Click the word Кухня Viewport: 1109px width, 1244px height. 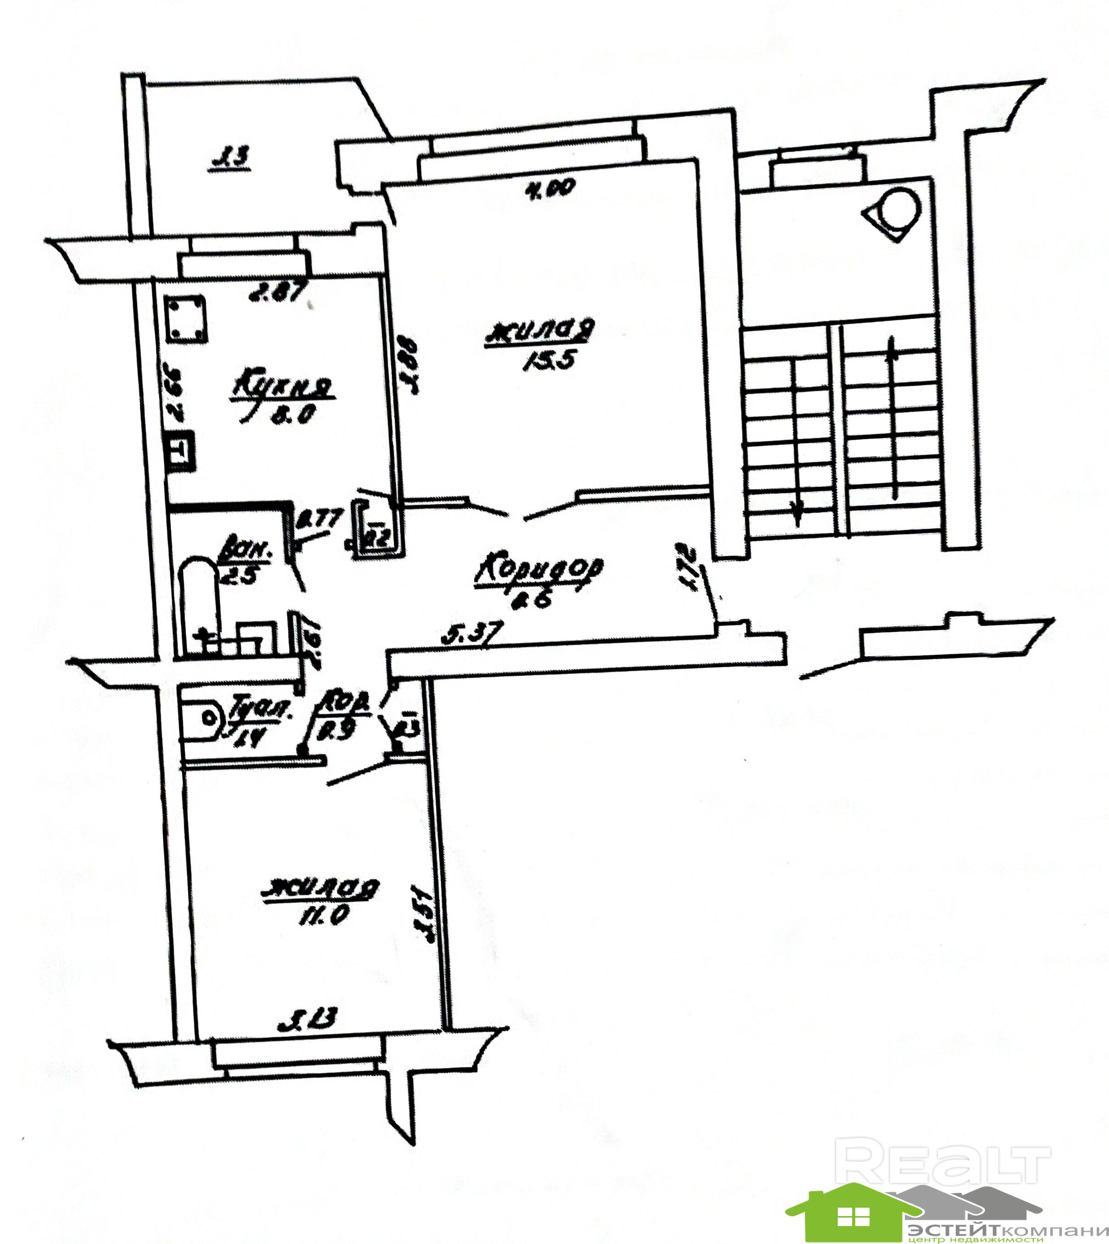click(282, 388)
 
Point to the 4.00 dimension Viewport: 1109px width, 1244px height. click(549, 190)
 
